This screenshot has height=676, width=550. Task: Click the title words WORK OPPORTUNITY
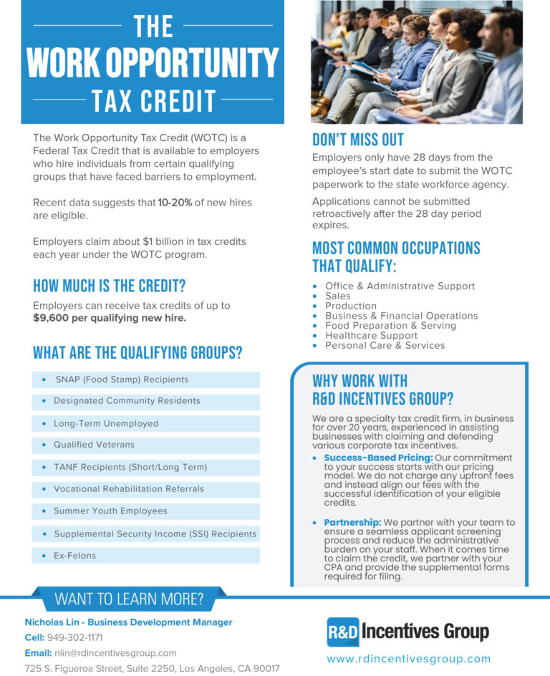pos(152,62)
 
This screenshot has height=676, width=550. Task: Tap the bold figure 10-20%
pos(175,203)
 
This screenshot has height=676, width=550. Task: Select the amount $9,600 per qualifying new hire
pos(110,317)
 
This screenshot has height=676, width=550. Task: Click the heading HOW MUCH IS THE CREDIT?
pos(109,286)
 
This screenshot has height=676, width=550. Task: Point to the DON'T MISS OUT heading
pos(357,140)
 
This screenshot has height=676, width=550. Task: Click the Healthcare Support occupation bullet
pos(371,335)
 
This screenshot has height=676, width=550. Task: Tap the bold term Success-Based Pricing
pos(377,458)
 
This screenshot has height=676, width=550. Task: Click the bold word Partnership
pos(352,523)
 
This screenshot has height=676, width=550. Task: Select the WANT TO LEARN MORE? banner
pos(129,599)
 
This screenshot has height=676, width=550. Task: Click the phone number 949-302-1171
pos(85,637)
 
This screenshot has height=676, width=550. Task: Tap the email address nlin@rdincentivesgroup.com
pos(115,653)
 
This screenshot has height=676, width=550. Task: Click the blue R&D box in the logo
pos(342,632)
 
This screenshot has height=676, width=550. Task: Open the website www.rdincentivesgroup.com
pos(408,659)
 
